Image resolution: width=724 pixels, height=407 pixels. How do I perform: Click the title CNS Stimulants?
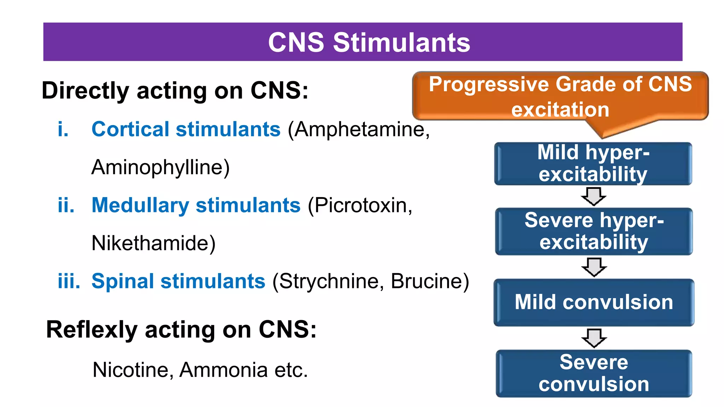[x=369, y=42]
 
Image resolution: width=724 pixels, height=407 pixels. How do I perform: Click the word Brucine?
[x=427, y=281]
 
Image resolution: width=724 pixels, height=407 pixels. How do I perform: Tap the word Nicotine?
[x=133, y=370]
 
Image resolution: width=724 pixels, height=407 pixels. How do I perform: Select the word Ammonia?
[x=223, y=370]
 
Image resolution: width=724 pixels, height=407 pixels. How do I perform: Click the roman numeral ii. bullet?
[x=66, y=205]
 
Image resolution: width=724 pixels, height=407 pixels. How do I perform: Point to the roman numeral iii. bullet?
[x=69, y=281]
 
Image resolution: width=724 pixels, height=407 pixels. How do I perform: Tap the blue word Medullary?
[x=140, y=205]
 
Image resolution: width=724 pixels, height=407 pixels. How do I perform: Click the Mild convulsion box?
[x=594, y=302]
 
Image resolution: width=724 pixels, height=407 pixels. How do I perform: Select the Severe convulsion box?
[x=594, y=373]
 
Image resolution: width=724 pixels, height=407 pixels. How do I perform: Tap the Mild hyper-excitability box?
[x=593, y=164]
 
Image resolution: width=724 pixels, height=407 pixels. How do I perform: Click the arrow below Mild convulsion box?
[x=594, y=338]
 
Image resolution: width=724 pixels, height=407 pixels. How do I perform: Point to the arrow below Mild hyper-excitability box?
[x=594, y=196]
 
